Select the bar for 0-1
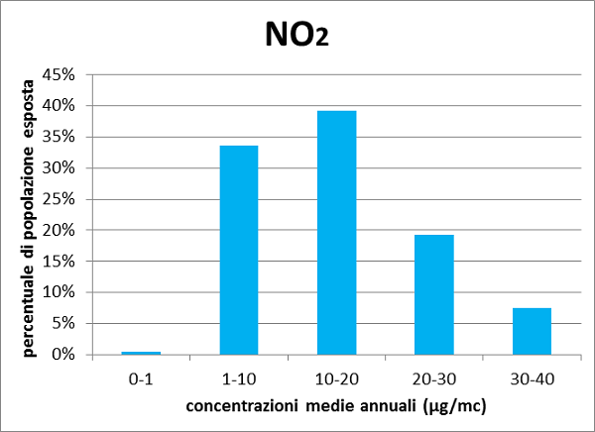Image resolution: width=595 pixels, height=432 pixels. click(x=141, y=353)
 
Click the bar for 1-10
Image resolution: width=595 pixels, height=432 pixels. click(x=239, y=250)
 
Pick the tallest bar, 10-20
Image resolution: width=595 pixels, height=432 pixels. click(x=336, y=233)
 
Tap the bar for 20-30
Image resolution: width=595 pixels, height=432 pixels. click(x=434, y=294)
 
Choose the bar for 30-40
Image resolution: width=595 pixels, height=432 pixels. click(x=532, y=331)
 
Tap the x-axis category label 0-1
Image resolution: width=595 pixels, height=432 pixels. click(x=141, y=378)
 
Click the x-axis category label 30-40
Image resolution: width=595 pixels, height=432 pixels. click(x=532, y=378)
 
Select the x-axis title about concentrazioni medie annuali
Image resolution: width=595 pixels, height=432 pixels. click(x=336, y=406)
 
